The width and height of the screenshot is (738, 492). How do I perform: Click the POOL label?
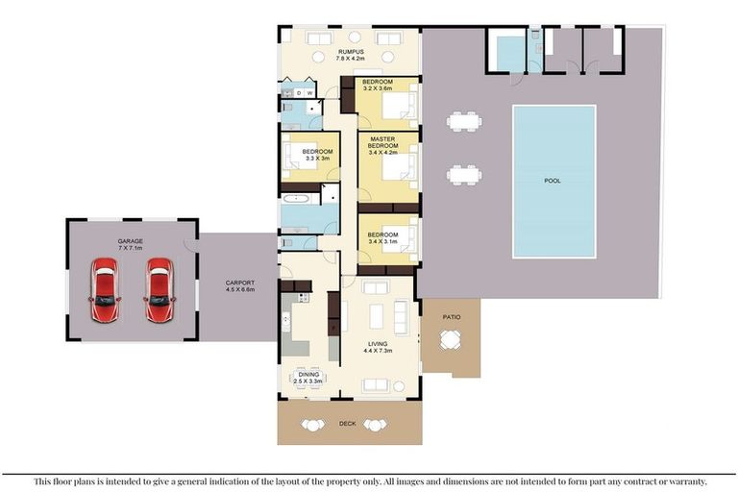click(553, 181)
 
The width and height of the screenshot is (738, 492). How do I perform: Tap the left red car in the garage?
click(105, 289)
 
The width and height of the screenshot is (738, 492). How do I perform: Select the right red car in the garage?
click(160, 289)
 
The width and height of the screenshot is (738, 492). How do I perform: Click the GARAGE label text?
click(131, 241)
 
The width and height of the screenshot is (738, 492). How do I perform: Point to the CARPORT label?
click(240, 283)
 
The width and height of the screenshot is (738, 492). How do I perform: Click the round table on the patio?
click(451, 340)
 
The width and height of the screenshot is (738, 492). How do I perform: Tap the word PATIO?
click(452, 317)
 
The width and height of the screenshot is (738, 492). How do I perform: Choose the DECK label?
click(348, 424)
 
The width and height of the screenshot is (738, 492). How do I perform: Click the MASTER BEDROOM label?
click(382, 142)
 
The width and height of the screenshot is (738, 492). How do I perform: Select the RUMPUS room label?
click(351, 52)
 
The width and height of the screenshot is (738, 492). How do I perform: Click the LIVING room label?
click(378, 344)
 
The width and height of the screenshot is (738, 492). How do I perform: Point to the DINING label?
click(308, 375)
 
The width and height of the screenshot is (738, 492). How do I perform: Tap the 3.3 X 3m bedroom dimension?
click(317, 159)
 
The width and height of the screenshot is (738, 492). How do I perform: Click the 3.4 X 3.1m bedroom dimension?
click(382, 241)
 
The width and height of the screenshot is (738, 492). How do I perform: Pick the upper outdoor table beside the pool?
click(464, 121)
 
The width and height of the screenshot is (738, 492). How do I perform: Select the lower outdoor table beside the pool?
click(464, 175)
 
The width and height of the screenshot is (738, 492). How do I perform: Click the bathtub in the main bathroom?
click(296, 199)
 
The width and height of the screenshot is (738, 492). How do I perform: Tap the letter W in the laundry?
click(310, 93)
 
